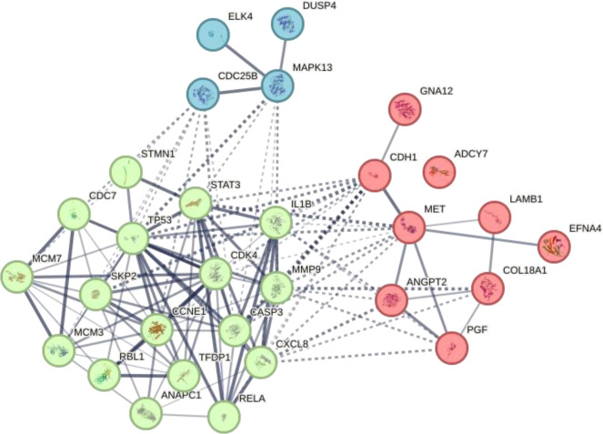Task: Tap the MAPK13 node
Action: (x=278, y=87)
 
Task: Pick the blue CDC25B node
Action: (x=205, y=95)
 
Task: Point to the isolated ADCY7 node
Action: (x=440, y=169)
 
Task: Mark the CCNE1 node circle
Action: (x=157, y=329)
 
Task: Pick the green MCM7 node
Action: (x=17, y=276)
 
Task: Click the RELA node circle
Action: (x=224, y=416)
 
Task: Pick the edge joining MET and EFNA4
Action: (x=482, y=237)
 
